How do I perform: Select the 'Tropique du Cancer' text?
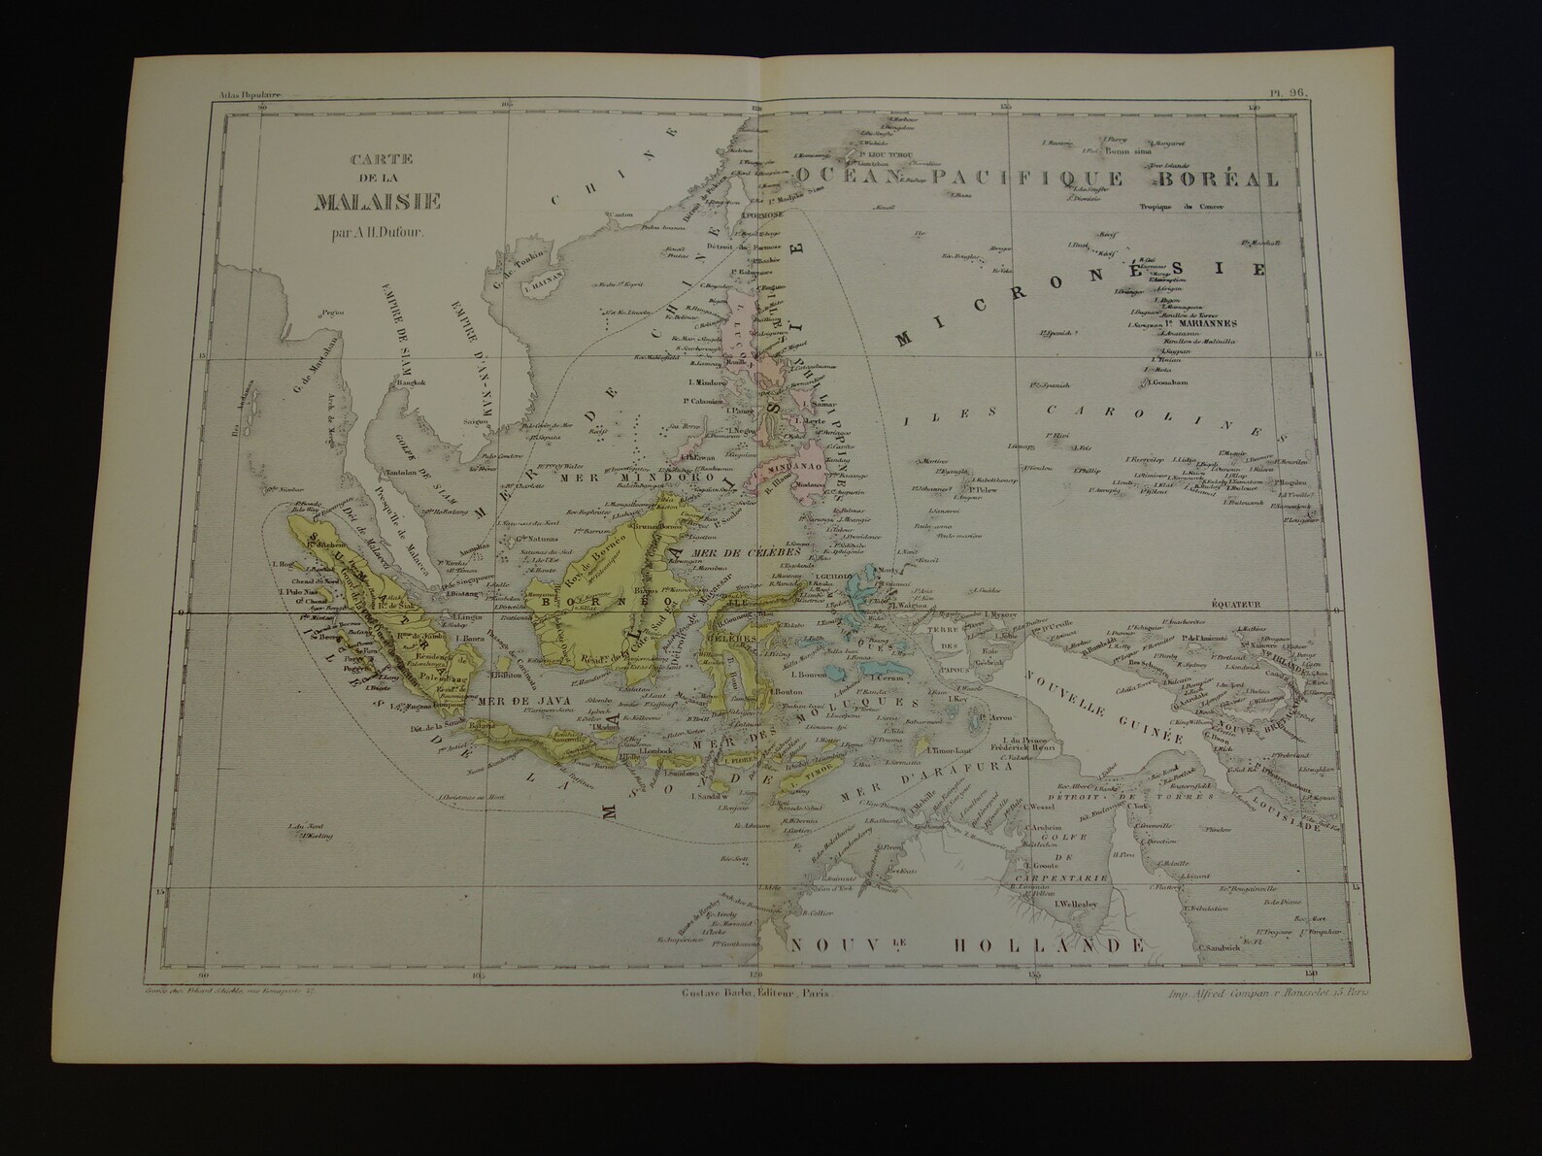pos(1183,207)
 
